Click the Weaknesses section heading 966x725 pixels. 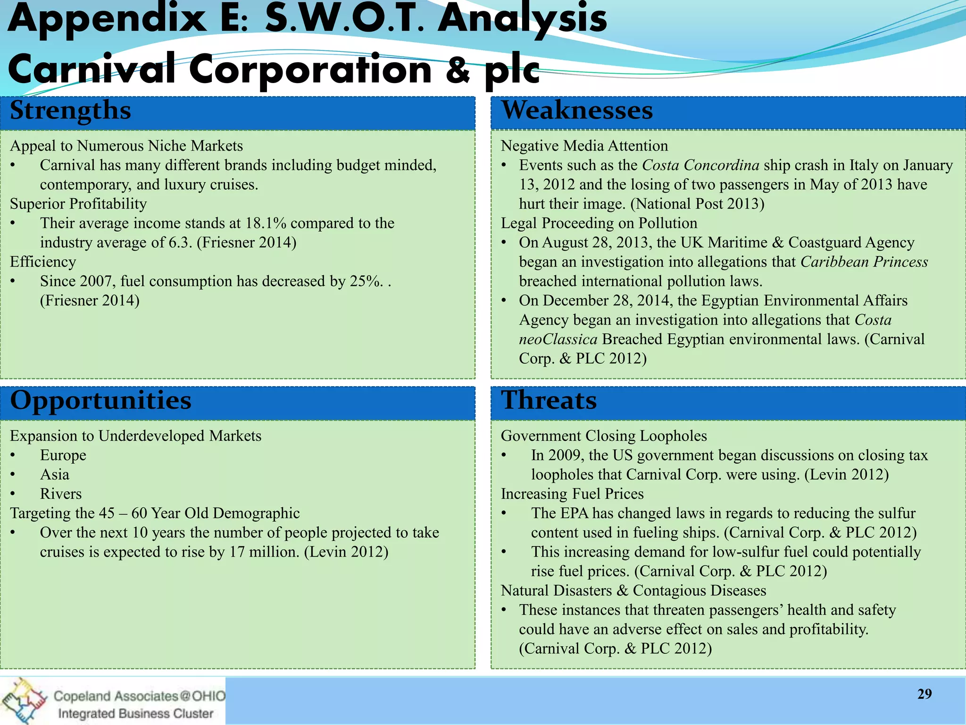576,110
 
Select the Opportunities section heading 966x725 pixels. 100,401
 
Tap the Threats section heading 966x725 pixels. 549,401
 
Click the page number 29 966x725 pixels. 924,694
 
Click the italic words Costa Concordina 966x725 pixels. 700,165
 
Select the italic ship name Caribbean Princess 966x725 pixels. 864,262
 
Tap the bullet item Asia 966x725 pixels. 54,474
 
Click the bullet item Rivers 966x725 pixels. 60,494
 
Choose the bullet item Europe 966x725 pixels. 63,455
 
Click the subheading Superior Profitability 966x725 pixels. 78,204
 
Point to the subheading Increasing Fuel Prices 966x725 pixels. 572,494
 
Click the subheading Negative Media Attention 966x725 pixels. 584,146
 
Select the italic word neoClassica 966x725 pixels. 558,339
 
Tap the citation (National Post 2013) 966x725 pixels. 697,204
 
